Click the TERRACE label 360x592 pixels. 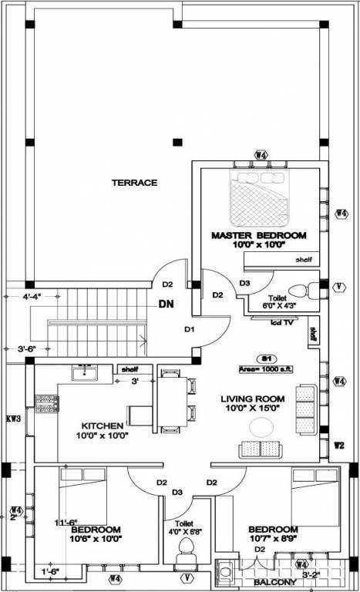(134, 183)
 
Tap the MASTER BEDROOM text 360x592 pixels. (259, 235)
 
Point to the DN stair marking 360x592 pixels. (166, 304)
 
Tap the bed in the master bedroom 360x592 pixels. (261, 197)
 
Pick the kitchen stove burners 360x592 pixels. (46, 401)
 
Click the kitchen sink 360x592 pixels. (84, 372)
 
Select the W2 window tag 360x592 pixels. (339, 445)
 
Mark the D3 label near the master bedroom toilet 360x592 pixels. (244, 284)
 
